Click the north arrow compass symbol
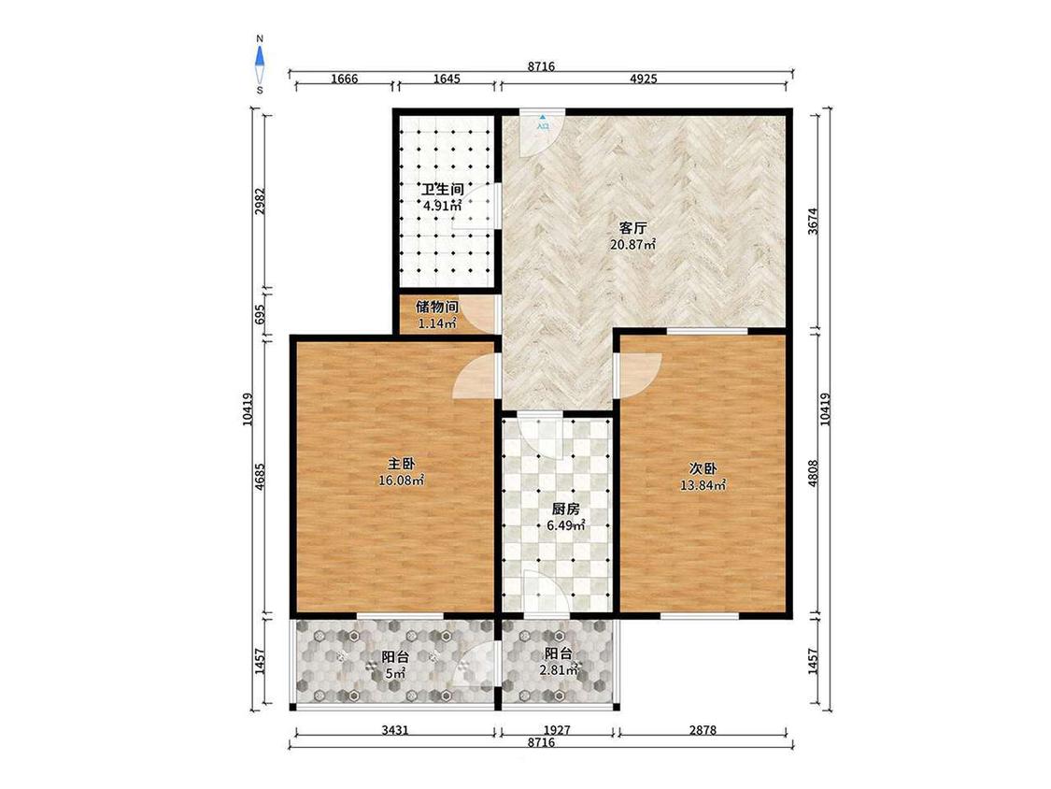[x=260, y=63]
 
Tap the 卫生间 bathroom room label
[x=443, y=189]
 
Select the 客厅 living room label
[x=632, y=228]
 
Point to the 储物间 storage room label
[x=437, y=308]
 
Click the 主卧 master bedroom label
[x=402, y=464]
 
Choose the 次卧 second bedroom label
[x=703, y=468]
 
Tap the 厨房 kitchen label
[x=566, y=509]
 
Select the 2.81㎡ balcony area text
[x=559, y=669]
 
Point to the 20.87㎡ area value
[x=632, y=245]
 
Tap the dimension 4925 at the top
[x=644, y=79]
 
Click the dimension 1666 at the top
[x=344, y=79]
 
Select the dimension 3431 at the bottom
[x=395, y=730]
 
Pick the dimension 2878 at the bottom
[x=703, y=730]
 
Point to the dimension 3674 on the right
[x=813, y=220]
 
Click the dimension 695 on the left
[x=261, y=315]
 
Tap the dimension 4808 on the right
[x=813, y=473]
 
